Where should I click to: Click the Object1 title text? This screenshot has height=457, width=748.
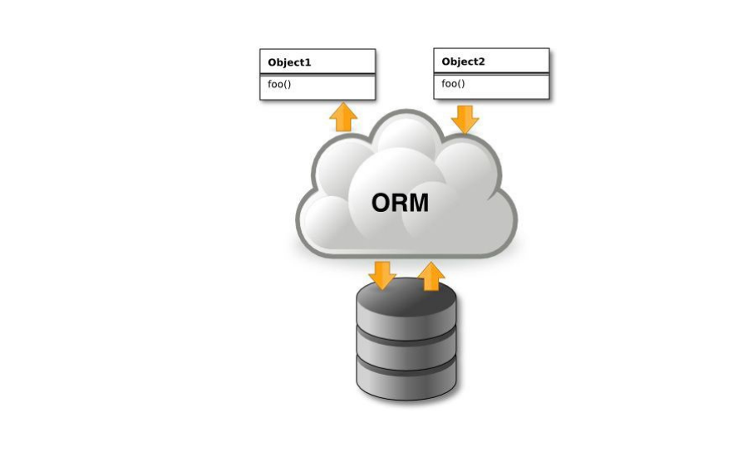coord(289,62)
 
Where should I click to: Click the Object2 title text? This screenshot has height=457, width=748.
coord(463,61)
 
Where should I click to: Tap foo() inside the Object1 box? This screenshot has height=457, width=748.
coord(279,85)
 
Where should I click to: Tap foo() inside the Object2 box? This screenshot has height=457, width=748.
coord(453,83)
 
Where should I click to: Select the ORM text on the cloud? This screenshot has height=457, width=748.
coord(400,203)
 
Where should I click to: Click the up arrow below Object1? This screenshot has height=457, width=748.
coord(343,116)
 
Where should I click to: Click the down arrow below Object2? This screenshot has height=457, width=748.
coord(465,120)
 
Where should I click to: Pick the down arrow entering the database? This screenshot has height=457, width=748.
coord(382,275)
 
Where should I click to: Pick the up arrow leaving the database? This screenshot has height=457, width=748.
coord(431,276)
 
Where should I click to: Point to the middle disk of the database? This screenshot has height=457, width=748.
coord(406,348)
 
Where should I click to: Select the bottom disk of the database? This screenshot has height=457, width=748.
coord(406,379)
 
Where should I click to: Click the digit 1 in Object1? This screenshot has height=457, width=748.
coord(308,62)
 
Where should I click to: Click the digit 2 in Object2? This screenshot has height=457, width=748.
coord(481,61)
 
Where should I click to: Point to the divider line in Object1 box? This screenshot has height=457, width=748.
coord(317,75)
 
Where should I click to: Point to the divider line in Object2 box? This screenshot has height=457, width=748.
coord(491,73)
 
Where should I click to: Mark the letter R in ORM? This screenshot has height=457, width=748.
coord(400,203)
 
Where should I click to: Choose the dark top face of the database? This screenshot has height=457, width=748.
coord(406,296)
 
